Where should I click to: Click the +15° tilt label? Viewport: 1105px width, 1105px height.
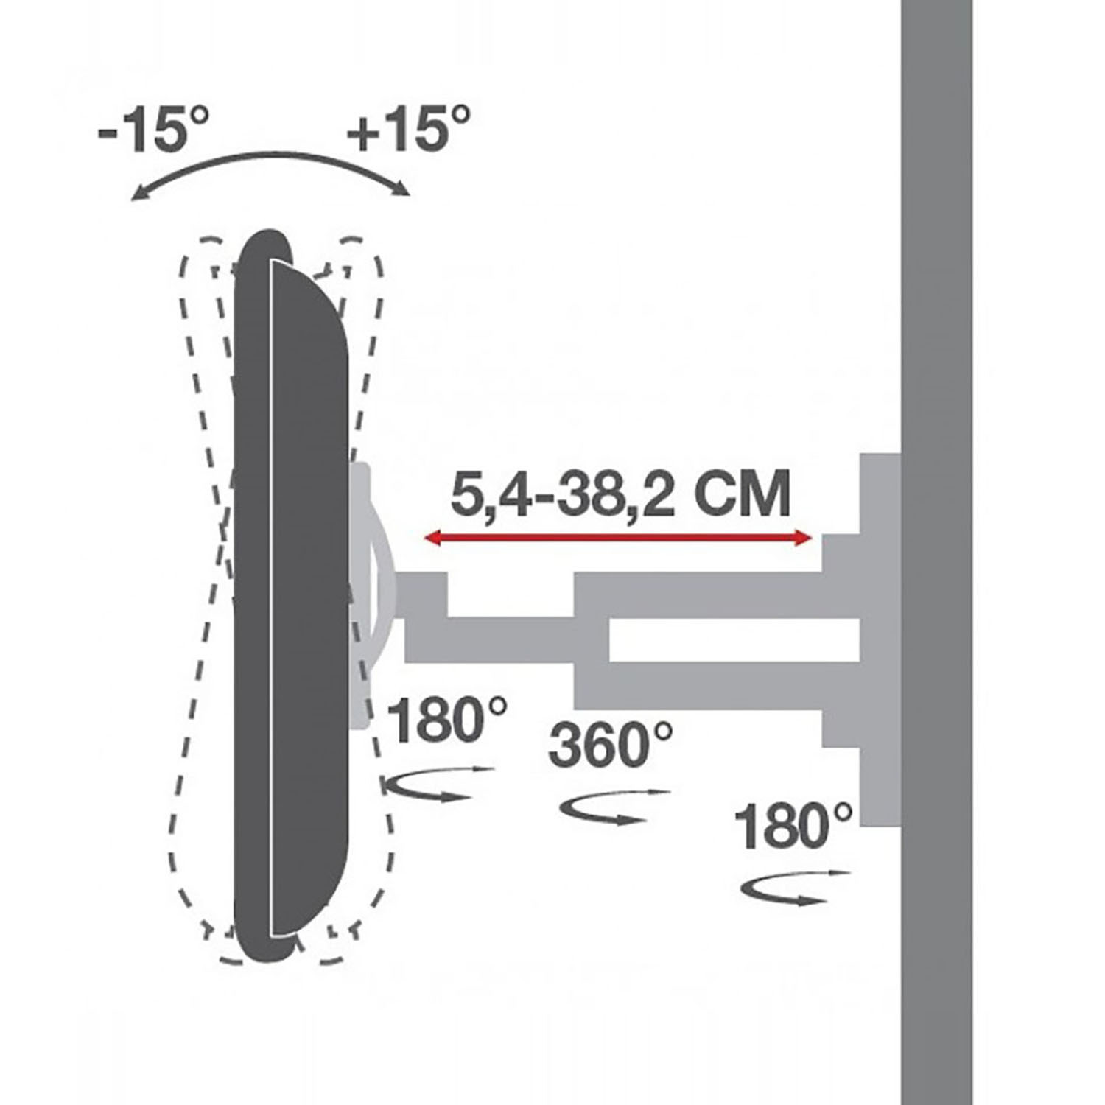pyautogui.click(x=409, y=128)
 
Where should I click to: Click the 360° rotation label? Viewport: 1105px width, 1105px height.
pyautogui.click(x=610, y=744)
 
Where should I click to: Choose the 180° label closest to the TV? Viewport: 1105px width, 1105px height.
pyautogui.click(x=446, y=720)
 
